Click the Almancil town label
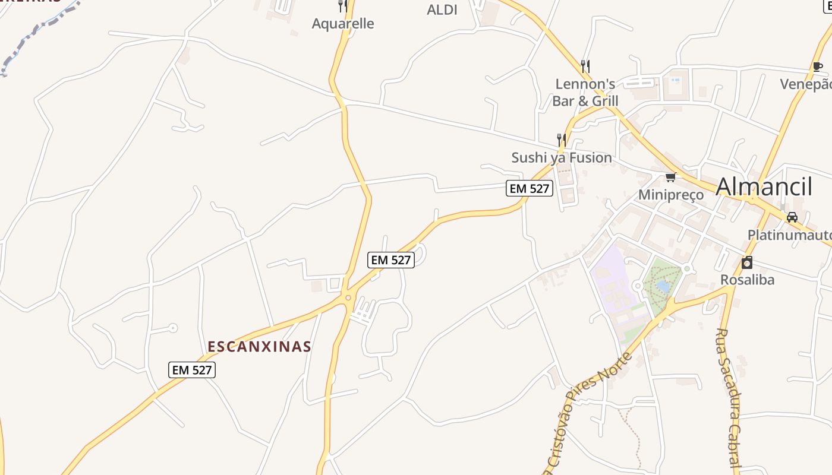pyautogui.click(x=764, y=186)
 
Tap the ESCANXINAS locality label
pyautogui.click(x=259, y=346)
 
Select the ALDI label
pyautogui.click(x=442, y=9)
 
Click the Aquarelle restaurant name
pyautogui.click(x=343, y=24)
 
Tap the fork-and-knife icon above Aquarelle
pyautogui.click(x=343, y=6)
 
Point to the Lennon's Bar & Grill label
pyautogui.click(x=585, y=92)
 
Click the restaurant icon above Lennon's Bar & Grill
pyautogui.click(x=585, y=65)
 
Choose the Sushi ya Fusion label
pyautogui.click(x=562, y=157)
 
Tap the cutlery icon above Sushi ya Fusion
pyautogui.click(x=561, y=140)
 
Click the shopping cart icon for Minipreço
pyautogui.click(x=671, y=177)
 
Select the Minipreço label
pyautogui.click(x=671, y=195)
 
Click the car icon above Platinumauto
pyautogui.click(x=792, y=217)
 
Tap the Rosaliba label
pyautogui.click(x=747, y=280)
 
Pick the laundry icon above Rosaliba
pyautogui.click(x=747, y=262)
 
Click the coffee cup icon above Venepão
pyautogui.click(x=818, y=66)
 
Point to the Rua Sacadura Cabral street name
pyautogui.click(x=730, y=398)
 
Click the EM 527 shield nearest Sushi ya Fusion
pyautogui.click(x=530, y=189)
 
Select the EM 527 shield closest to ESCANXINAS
pyautogui.click(x=191, y=370)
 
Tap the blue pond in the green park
pyautogui.click(x=663, y=287)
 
